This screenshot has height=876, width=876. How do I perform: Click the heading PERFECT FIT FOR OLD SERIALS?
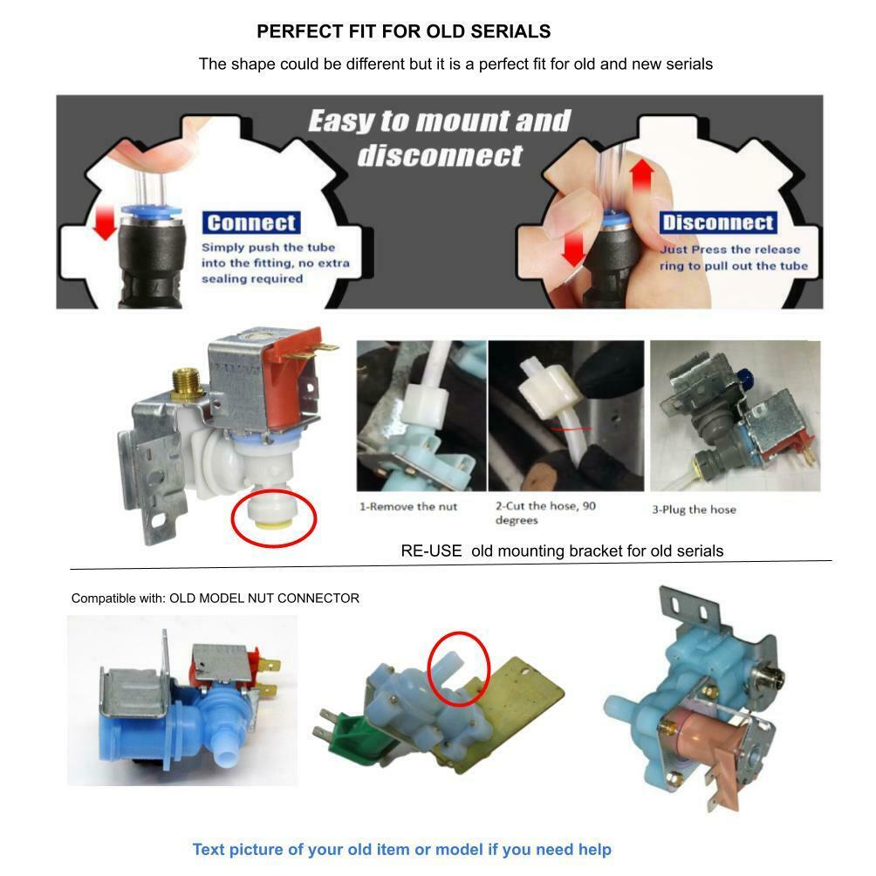[403, 32]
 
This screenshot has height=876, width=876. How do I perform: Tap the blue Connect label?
[251, 222]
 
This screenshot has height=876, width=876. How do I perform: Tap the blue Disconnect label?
[717, 222]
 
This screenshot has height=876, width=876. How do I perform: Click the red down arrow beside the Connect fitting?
[106, 222]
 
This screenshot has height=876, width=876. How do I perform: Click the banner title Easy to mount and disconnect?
[439, 138]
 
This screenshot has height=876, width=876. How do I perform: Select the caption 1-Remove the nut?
[408, 507]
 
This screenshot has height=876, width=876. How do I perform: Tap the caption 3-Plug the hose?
[694, 510]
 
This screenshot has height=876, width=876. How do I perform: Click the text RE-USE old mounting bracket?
[562, 551]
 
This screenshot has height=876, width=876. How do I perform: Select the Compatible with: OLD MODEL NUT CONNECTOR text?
[215, 599]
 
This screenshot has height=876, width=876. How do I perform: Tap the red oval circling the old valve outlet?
[460, 668]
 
